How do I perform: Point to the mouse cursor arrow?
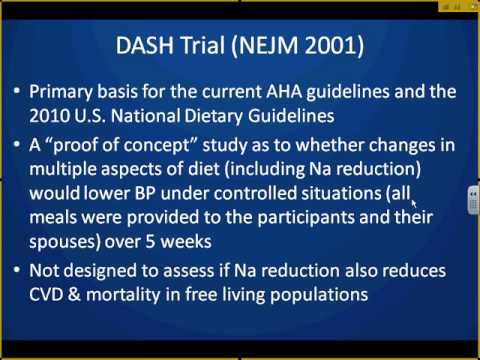(x=413, y=199)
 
